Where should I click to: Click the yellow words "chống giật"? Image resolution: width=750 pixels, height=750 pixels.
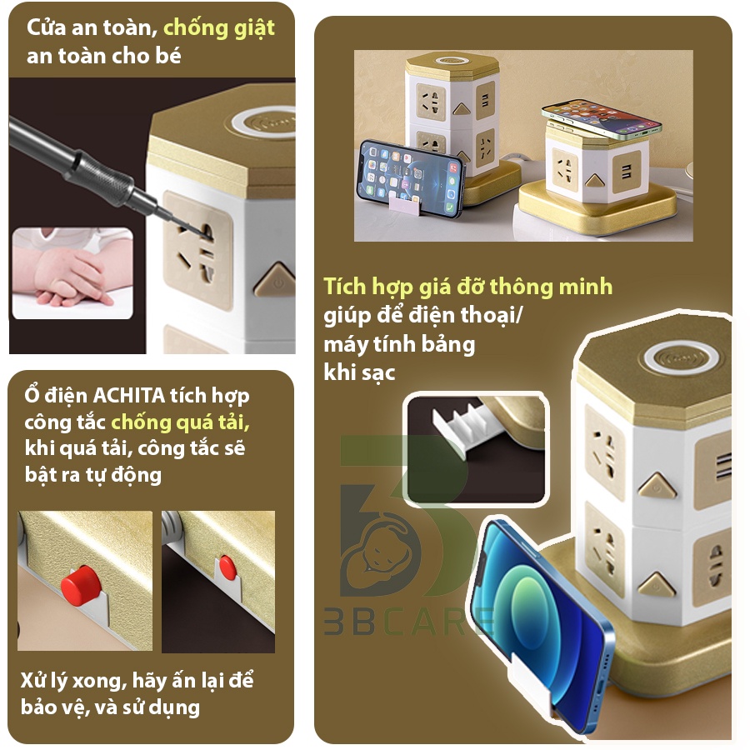(x=218, y=27)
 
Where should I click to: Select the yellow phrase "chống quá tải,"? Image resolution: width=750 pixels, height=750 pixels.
(x=180, y=422)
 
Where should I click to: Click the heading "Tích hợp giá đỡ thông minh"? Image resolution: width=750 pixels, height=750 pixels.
(x=467, y=287)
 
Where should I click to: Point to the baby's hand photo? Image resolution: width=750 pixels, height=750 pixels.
(x=72, y=273)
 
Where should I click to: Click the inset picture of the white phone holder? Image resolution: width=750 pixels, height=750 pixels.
(x=475, y=450)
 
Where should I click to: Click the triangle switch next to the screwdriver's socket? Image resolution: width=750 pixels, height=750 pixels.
(x=275, y=281)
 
